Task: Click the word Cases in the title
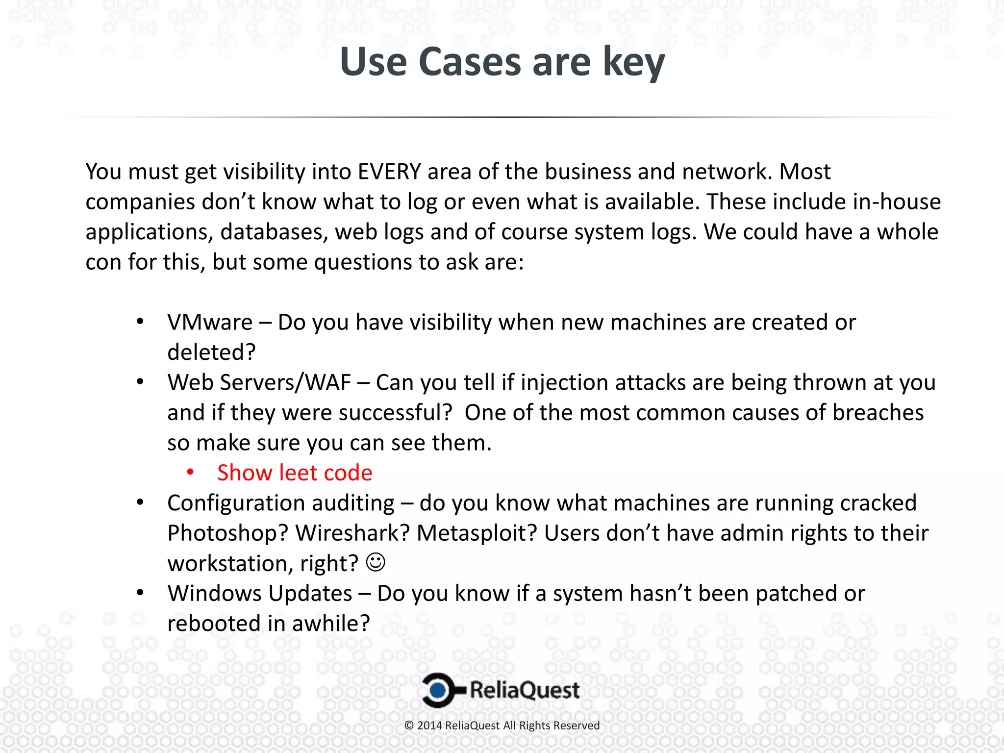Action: pyautogui.click(x=470, y=62)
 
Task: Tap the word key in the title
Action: pyautogui.click(x=633, y=62)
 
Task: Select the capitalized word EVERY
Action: pyautogui.click(x=389, y=172)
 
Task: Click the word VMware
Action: pyautogui.click(x=210, y=323)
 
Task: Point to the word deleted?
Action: pyautogui.click(x=211, y=352)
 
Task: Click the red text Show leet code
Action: pyautogui.click(x=295, y=473)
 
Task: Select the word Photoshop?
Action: pyautogui.click(x=227, y=533)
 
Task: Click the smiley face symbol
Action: pyautogui.click(x=376, y=562)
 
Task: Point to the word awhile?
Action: pyautogui.click(x=330, y=624)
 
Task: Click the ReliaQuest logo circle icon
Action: pyautogui.click(x=438, y=690)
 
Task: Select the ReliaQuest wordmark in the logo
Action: pyautogui.click(x=525, y=690)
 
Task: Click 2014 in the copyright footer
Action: pyautogui.click(x=429, y=726)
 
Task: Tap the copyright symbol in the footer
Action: pyautogui.click(x=409, y=726)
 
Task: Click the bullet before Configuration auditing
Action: pyautogui.click(x=140, y=502)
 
